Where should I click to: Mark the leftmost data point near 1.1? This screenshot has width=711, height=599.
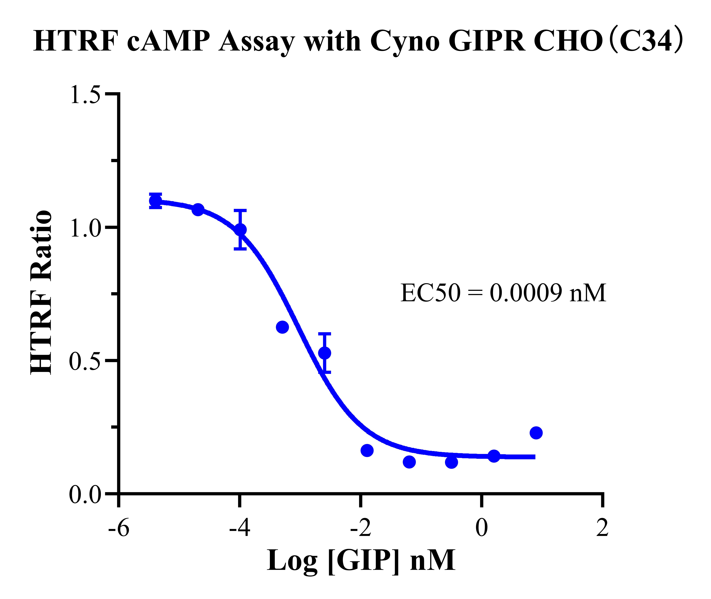tap(156, 201)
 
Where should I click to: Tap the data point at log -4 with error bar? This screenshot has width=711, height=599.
tap(240, 230)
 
